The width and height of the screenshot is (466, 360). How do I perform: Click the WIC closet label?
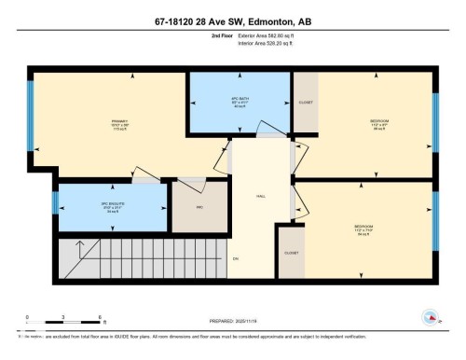point(199,208)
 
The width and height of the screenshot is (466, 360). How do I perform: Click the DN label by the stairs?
point(236,257)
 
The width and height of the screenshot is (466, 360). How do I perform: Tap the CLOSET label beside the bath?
point(305,102)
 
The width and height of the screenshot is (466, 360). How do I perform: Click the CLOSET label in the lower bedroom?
point(291,253)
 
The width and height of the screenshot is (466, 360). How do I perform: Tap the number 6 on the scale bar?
point(99,317)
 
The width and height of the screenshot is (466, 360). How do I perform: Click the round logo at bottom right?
point(431,317)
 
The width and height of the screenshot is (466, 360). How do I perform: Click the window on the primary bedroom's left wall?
point(31,119)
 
